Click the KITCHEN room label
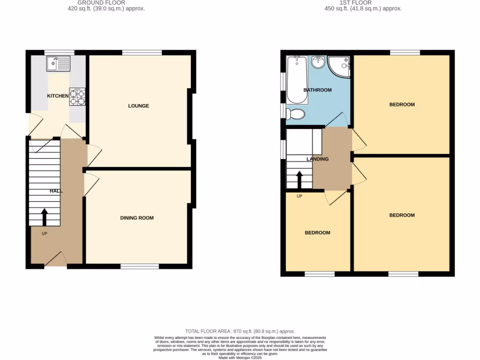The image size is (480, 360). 58,96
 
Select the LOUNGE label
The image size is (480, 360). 139,106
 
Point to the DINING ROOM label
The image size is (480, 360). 137,218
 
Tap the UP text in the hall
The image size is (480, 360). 45,233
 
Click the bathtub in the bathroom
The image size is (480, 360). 297,80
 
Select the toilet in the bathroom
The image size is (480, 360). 295,114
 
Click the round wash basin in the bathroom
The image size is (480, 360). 319,61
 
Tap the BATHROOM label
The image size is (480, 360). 317,90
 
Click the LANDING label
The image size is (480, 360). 317,159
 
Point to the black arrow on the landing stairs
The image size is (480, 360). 299,180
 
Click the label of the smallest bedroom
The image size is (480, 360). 317,233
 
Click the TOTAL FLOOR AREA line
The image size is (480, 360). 240,331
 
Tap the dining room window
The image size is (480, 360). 140,267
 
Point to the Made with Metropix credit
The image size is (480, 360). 240,358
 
